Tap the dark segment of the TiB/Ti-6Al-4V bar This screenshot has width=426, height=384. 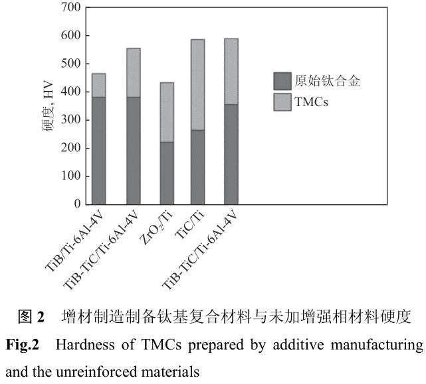click(98, 151)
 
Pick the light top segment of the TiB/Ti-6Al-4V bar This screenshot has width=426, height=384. click(98, 85)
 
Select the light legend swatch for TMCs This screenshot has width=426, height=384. click(282, 103)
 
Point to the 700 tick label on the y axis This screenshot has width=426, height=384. click(70, 7)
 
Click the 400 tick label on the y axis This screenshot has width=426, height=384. click(70, 92)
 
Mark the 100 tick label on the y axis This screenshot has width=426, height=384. click(70, 177)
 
